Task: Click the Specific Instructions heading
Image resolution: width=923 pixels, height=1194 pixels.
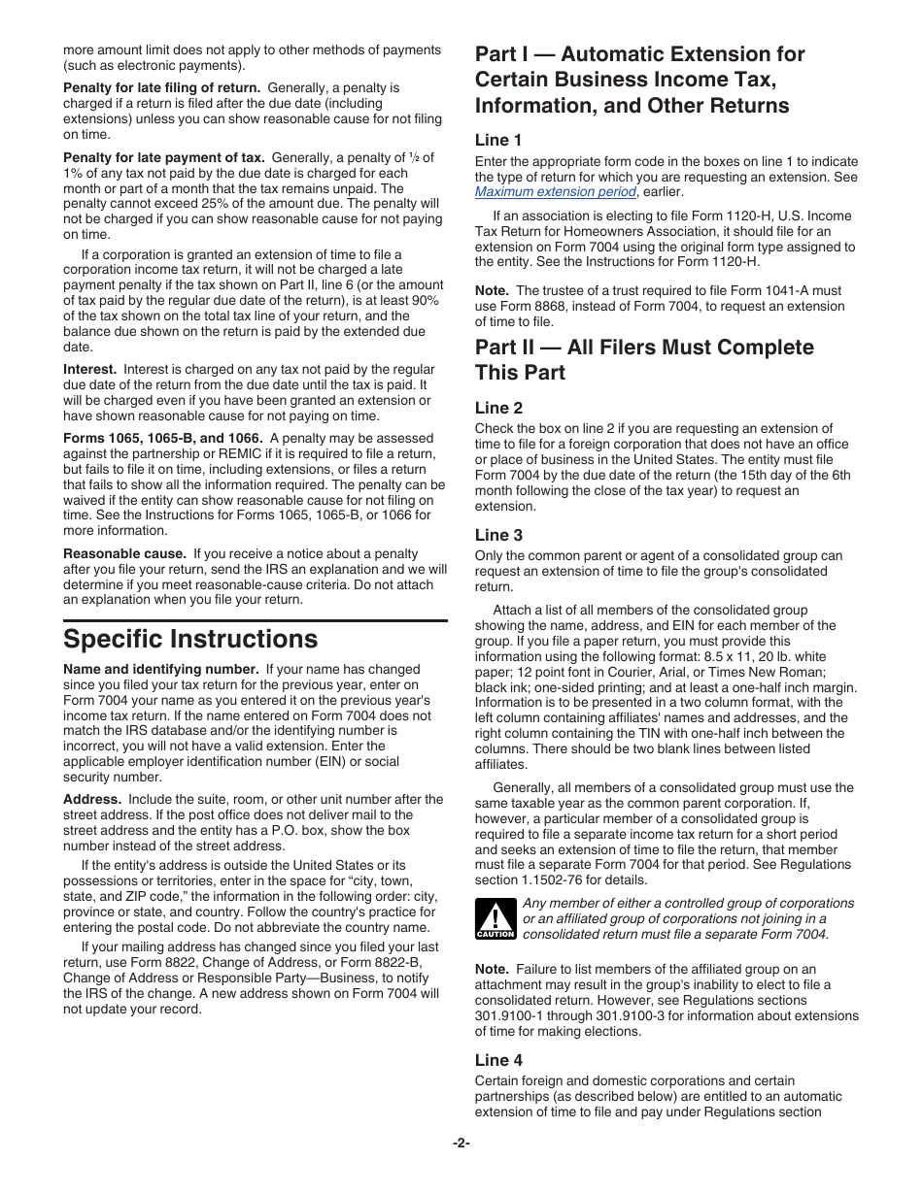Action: [190, 640]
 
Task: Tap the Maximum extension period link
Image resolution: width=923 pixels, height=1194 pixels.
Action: [555, 192]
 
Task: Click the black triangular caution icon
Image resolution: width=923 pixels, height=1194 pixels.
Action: [495, 918]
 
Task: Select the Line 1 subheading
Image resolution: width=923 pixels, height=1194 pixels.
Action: [498, 140]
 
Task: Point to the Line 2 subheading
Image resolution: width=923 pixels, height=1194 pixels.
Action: [498, 408]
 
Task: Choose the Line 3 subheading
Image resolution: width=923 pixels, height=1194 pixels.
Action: [498, 535]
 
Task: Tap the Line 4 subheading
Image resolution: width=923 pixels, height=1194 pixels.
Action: [498, 1060]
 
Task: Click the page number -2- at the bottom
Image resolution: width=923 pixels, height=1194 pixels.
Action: [461, 1143]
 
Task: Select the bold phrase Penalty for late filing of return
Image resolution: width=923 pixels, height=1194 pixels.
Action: [161, 87]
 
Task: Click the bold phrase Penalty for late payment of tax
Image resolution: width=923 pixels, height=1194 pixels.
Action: [164, 157]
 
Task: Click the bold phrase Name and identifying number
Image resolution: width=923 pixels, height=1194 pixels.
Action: [160, 670]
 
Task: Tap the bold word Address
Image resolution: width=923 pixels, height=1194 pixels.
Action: [92, 800]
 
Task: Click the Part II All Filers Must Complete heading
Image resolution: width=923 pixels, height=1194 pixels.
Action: [644, 359]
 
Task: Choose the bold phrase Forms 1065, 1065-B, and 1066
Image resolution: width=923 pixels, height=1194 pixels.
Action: [162, 439]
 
